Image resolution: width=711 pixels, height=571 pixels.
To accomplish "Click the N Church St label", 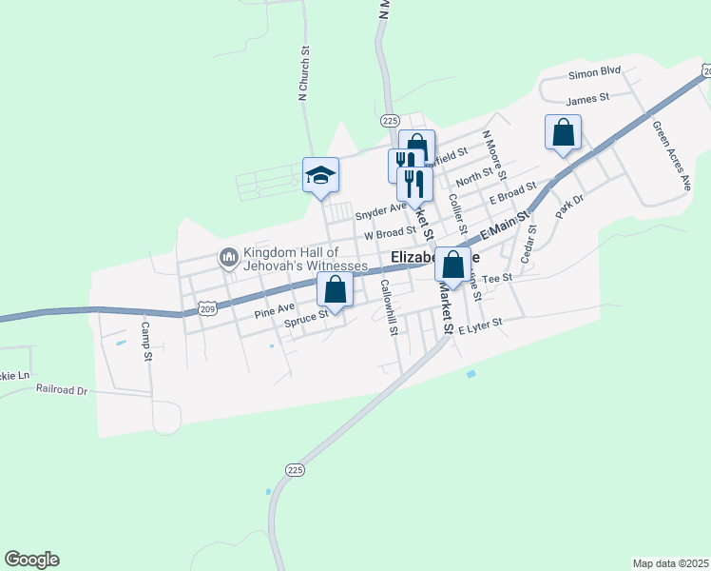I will tap(304, 73).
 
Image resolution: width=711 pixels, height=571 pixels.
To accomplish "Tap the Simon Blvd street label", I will tap(594, 71).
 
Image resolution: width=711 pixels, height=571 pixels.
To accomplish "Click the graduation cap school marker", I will tap(321, 175).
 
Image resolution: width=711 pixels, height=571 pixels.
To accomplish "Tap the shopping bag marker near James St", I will tap(563, 133).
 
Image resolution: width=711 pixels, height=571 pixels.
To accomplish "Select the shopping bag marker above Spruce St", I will tap(335, 289).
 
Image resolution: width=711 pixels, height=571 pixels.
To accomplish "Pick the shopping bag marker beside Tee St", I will tap(453, 264).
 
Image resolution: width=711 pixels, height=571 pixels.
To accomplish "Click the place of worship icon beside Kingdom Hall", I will tap(228, 258).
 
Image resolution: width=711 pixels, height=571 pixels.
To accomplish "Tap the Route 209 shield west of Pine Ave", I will tap(208, 307).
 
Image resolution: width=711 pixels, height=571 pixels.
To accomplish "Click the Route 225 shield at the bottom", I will tap(296, 469).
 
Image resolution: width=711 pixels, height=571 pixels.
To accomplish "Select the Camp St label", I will tap(146, 340).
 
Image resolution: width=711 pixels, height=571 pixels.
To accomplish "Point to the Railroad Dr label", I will tap(62, 389).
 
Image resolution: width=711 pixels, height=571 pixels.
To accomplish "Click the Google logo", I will tap(31, 560).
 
